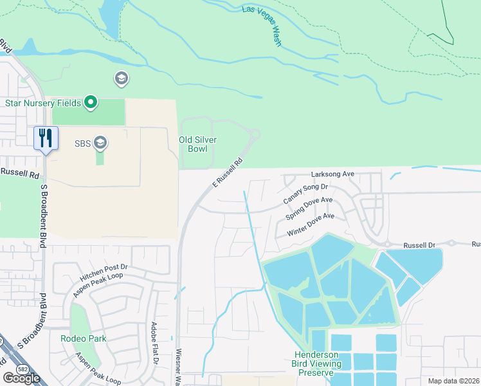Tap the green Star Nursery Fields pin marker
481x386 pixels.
click(91, 102)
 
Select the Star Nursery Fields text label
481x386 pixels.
click(42, 103)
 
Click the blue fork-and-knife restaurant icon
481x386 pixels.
click(46, 138)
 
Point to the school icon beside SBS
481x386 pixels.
click(100, 142)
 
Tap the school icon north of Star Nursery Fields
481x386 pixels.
click(120, 79)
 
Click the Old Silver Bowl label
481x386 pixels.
click(197, 144)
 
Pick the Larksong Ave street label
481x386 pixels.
click(332, 174)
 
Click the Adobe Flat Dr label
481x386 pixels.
click(154, 343)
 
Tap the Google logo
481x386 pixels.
click(22, 378)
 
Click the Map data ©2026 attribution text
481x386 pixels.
click(453, 381)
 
